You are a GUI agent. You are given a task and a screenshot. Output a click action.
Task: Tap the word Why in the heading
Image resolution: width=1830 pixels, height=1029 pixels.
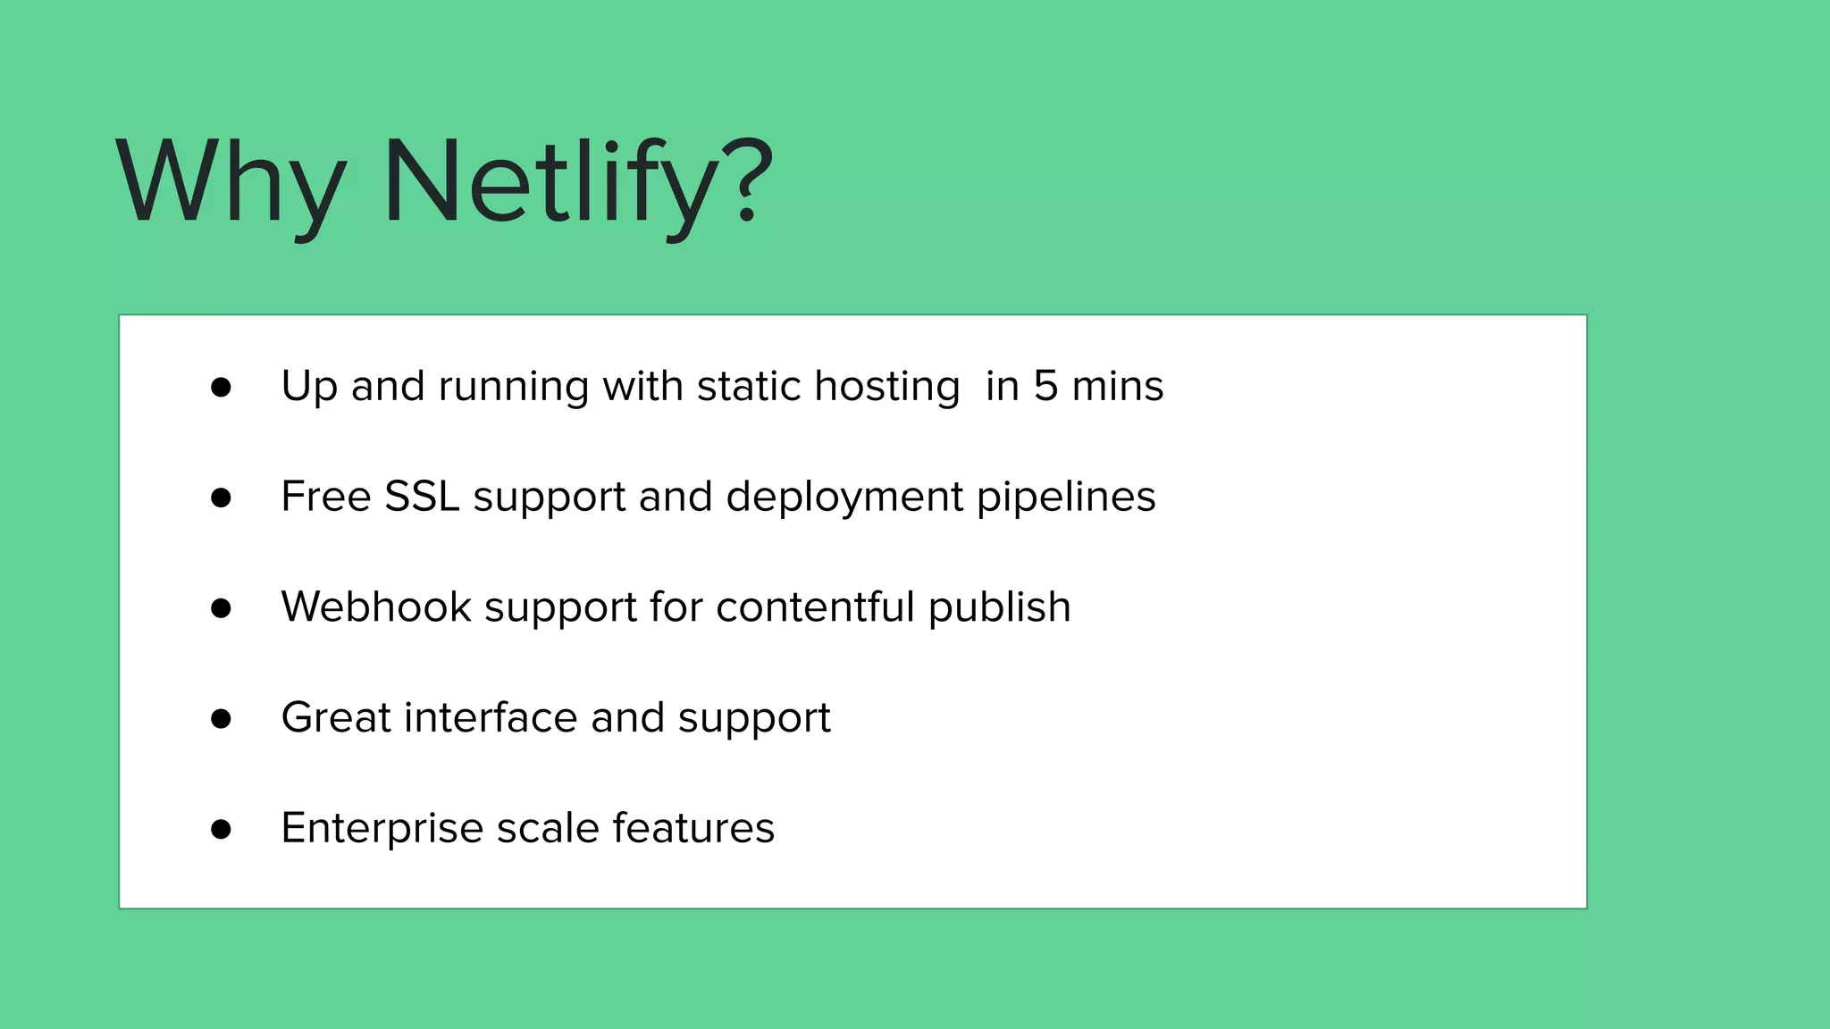click(x=231, y=183)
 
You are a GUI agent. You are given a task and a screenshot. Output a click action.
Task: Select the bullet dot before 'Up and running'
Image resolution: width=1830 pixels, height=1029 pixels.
click(x=221, y=388)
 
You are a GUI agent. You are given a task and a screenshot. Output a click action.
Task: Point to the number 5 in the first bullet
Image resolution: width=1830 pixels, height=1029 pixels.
click(x=1045, y=386)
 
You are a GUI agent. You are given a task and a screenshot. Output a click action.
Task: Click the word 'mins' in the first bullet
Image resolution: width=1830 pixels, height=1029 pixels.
click(x=1118, y=386)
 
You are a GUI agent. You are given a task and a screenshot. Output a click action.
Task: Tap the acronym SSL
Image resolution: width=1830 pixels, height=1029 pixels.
click(x=422, y=497)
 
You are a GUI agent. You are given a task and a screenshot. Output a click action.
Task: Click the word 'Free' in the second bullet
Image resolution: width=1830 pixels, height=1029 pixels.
click(x=326, y=497)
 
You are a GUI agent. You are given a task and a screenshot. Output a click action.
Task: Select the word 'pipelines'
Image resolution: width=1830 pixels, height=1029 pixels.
click(x=1066, y=498)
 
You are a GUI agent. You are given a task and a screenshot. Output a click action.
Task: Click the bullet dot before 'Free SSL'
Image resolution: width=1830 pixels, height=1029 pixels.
click(x=221, y=498)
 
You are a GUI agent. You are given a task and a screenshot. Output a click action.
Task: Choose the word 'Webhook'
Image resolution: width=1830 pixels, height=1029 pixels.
click(x=376, y=607)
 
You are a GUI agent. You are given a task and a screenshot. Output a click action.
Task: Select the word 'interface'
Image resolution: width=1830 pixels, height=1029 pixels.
click(x=491, y=718)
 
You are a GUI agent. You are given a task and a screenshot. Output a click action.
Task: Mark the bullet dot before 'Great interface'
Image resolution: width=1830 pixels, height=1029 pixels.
click(x=221, y=719)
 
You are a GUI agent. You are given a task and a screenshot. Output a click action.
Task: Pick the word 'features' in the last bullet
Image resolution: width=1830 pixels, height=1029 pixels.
click(x=693, y=828)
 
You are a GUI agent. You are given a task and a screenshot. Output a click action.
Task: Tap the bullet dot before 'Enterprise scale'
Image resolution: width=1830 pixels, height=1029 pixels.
click(x=221, y=830)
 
